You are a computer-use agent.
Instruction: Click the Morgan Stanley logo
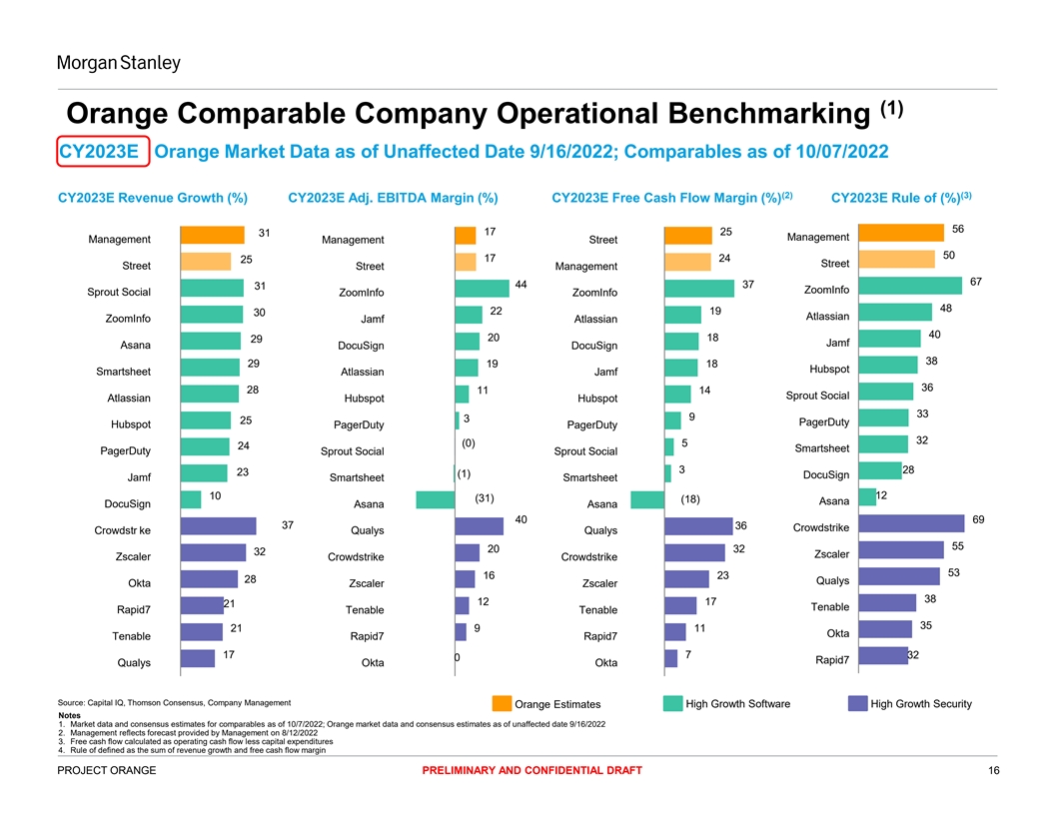coord(118,64)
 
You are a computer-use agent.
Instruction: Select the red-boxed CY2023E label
coord(103,153)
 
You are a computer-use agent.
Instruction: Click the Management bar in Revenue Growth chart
coord(212,235)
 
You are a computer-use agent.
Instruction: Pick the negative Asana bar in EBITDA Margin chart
coord(435,500)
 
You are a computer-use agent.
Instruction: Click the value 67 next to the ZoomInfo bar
coord(977,282)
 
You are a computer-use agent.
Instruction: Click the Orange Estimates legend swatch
coord(502,704)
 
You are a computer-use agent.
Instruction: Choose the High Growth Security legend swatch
coord(857,704)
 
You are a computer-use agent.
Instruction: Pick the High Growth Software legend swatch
coord(672,704)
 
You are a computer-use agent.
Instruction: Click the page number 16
coord(993,770)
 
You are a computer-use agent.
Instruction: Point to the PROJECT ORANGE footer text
coord(106,770)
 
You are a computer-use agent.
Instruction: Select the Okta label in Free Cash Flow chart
coord(605,663)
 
